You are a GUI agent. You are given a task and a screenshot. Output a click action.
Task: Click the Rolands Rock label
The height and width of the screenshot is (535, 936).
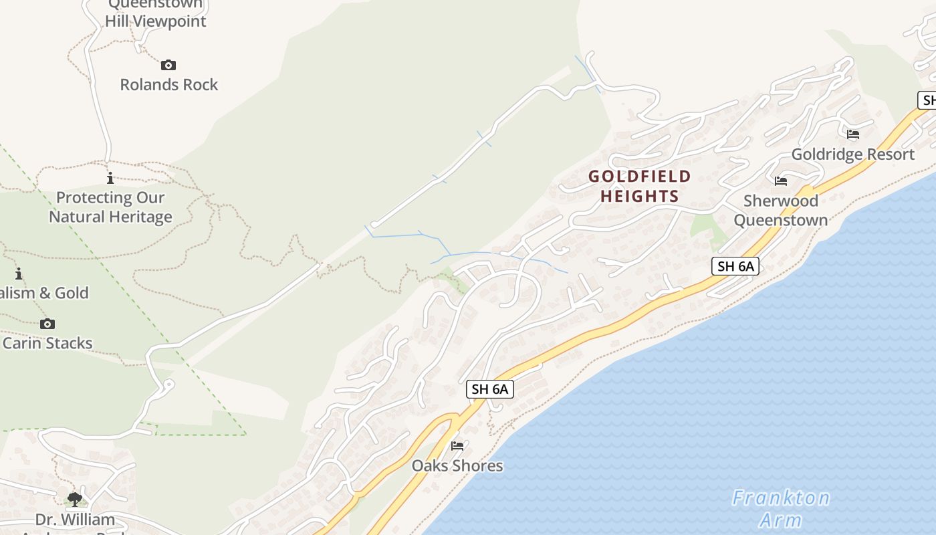pyautogui.click(x=168, y=85)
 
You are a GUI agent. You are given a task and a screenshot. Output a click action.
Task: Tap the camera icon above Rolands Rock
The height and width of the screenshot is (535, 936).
pyautogui.click(x=168, y=65)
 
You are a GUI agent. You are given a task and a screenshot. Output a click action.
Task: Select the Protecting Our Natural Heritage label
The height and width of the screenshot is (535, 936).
pyautogui.click(x=110, y=207)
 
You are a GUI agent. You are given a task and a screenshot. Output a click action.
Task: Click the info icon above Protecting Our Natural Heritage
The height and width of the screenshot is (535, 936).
pyautogui.click(x=110, y=178)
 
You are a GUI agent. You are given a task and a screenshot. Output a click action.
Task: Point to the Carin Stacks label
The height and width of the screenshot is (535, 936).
pyautogui.click(x=47, y=343)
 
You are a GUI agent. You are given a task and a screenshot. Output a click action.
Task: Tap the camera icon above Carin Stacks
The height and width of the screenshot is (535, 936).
pyautogui.click(x=47, y=324)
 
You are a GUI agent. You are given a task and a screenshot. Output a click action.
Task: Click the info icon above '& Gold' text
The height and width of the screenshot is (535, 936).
pyautogui.click(x=19, y=274)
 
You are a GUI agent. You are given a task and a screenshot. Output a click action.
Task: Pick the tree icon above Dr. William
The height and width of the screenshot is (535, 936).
pyautogui.click(x=74, y=499)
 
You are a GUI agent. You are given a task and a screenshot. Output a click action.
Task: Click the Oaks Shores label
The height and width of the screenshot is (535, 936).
pyautogui.click(x=457, y=465)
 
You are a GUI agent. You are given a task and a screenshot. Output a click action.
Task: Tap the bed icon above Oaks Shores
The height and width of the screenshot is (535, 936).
pyautogui.click(x=457, y=445)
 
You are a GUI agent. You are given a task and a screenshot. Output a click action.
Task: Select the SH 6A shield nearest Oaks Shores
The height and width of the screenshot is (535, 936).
pyautogui.click(x=490, y=389)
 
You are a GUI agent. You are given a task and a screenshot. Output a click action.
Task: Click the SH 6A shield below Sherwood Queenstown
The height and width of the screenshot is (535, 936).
pyautogui.click(x=735, y=266)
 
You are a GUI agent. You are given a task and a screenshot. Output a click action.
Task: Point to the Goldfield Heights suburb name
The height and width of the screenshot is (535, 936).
pyautogui.click(x=640, y=186)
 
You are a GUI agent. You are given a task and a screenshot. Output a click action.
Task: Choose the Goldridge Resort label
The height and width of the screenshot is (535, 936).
pyautogui.click(x=852, y=154)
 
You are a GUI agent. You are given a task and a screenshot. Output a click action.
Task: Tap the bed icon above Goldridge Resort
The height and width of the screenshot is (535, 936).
pyautogui.click(x=853, y=134)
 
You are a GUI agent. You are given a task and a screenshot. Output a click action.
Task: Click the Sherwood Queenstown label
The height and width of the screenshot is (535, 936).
pyautogui.click(x=781, y=210)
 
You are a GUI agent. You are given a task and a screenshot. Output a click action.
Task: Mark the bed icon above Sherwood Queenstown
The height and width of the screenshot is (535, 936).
pyautogui.click(x=780, y=181)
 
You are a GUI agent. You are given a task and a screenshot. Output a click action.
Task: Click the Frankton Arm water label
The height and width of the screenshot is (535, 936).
pyautogui.click(x=781, y=508)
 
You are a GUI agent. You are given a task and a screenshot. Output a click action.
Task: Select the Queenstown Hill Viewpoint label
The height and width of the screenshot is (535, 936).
pyautogui.click(x=155, y=13)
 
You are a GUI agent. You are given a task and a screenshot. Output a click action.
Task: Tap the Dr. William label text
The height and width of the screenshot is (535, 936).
pyautogui.click(x=75, y=520)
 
